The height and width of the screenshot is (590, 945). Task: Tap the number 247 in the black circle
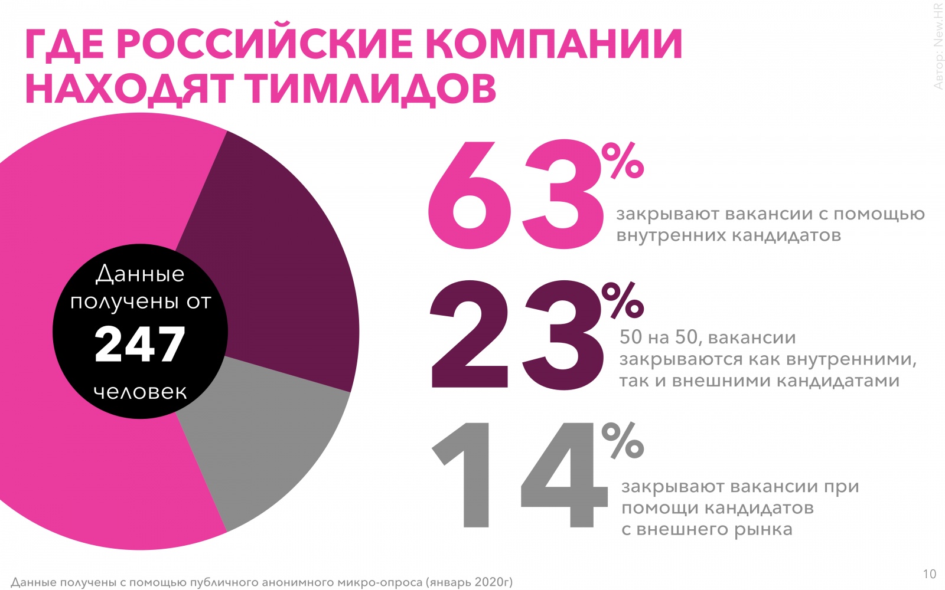click(x=140, y=345)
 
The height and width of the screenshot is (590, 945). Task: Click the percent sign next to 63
click(x=623, y=160)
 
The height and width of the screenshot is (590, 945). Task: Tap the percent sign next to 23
click(x=623, y=301)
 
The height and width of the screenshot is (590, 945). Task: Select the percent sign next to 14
click(x=623, y=440)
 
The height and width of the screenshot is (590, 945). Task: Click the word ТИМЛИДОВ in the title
click(x=372, y=88)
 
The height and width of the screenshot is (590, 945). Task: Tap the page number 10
click(x=929, y=574)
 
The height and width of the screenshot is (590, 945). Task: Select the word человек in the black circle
click(x=140, y=392)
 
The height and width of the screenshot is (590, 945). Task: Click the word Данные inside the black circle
click(x=140, y=274)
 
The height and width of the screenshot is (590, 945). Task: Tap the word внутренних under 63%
click(x=670, y=235)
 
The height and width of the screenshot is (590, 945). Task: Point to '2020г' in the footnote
click(x=493, y=582)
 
